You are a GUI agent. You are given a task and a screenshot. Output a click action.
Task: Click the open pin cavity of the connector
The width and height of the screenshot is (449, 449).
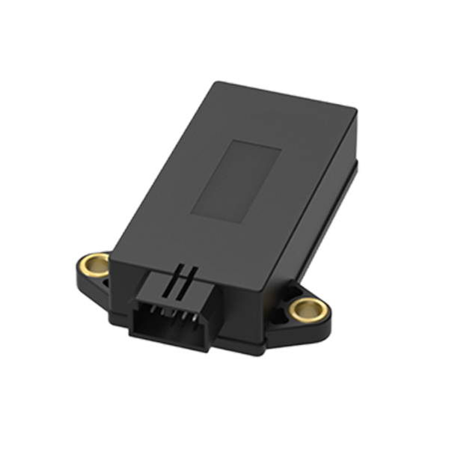[x=167, y=320]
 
